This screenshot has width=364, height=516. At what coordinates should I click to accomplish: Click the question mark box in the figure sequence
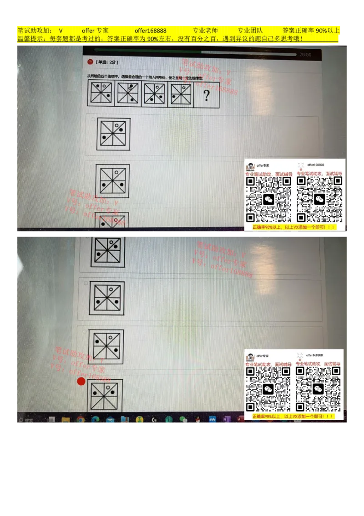pyautogui.click(x=207, y=95)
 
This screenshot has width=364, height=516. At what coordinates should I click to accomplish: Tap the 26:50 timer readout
pyautogui.click(x=305, y=55)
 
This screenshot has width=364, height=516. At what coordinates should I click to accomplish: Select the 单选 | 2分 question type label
pyautogui.click(x=107, y=62)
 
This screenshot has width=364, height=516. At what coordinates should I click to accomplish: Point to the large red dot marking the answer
pyautogui.click(x=81, y=381)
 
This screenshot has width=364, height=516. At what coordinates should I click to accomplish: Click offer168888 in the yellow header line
pyautogui.click(x=150, y=31)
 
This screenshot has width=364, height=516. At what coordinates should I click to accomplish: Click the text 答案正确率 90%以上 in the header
pyautogui.click(x=311, y=31)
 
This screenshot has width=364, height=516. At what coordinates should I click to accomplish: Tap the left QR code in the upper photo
pyautogui.click(x=268, y=199)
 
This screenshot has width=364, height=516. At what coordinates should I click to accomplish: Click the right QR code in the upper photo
pyautogui.click(x=319, y=199)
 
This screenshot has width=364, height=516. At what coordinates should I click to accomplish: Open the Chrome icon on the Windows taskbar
pyautogui.click(x=81, y=419)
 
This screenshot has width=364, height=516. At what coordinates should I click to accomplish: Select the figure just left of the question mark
pyautogui.click(x=181, y=94)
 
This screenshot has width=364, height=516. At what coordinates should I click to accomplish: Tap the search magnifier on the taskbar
pyautogui.click(x=20, y=420)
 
